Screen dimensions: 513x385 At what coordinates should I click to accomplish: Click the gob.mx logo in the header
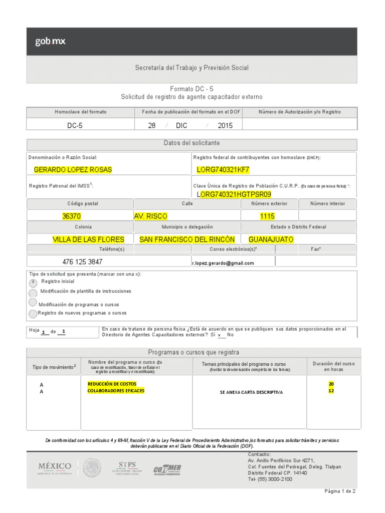click(x=50, y=42)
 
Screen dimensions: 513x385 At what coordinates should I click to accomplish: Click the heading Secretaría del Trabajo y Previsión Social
click(x=192, y=68)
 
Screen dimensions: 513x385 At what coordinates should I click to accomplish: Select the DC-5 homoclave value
click(x=75, y=126)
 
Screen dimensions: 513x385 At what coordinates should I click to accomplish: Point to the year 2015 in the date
click(x=225, y=126)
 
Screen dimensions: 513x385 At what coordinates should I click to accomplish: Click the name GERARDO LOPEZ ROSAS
click(x=73, y=170)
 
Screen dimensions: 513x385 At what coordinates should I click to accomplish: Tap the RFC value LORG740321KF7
click(x=223, y=170)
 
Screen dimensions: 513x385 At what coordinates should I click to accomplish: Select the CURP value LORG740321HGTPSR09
click(x=234, y=194)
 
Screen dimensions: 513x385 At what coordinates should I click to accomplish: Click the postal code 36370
click(x=71, y=216)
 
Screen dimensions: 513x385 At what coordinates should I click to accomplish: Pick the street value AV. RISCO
click(x=151, y=216)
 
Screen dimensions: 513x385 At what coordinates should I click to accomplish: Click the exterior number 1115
click(x=267, y=216)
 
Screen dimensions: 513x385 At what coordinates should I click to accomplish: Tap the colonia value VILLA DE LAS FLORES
click(x=89, y=239)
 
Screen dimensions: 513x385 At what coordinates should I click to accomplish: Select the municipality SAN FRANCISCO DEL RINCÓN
click(x=187, y=239)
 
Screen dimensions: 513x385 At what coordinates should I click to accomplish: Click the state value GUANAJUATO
click(x=272, y=239)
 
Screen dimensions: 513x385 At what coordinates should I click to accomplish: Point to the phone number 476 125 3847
click(x=83, y=262)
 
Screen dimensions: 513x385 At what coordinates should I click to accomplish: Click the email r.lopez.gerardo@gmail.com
click(x=223, y=263)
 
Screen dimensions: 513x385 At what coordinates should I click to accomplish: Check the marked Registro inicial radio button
click(x=33, y=283)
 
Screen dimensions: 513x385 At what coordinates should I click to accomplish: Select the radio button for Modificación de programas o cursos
click(x=33, y=303)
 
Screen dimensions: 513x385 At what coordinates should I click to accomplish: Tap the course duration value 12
click(x=331, y=391)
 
